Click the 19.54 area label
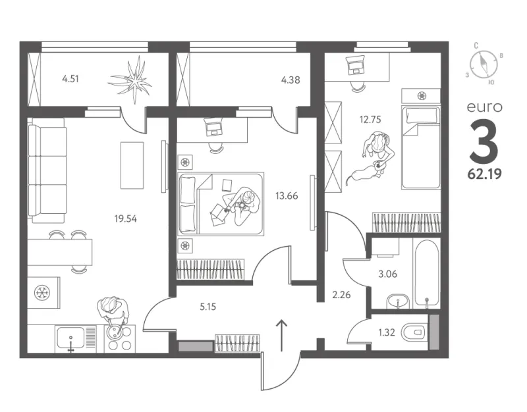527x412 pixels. [x=125, y=219]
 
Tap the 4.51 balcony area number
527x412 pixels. [x=70, y=79]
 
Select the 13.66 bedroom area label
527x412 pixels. [x=287, y=195]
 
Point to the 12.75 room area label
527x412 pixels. [x=370, y=120]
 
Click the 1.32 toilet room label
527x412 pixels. [x=387, y=332]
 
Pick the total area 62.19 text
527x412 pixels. [x=485, y=174]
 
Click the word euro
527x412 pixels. [x=485, y=107]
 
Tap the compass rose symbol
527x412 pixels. [x=484, y=64]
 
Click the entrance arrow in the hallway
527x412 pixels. [x=282, y=336]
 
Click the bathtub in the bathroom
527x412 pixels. [x=426, y=273]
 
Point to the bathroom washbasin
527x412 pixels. [x=398, y=301]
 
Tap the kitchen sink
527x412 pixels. [x=71, y=338]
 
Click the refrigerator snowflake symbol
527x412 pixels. [x=43, y=292]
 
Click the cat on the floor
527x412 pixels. [x=365, y=173]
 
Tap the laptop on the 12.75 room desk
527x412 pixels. [x=355, y=65]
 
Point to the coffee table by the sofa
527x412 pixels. [x=132, y=165]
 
